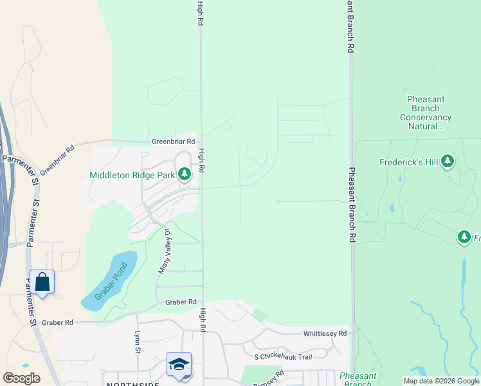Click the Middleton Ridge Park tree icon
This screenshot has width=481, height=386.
point(185,174)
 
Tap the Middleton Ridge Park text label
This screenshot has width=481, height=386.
point(132,175)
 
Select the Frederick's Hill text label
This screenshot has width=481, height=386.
point(409,162)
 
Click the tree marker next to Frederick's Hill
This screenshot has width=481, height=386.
point(448,161)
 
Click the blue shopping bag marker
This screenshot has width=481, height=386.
point(42,283)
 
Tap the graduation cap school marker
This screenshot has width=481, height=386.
point(178,364)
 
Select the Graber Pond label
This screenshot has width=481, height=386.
point(109,281)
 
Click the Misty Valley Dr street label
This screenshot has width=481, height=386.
point(164,251)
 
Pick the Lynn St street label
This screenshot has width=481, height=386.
point(137,342)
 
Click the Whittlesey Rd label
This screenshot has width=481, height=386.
point(325,333)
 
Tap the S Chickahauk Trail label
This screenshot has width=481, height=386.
point(283,357)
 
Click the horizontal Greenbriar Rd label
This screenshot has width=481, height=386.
point(173,142)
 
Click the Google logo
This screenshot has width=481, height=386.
point(21,378)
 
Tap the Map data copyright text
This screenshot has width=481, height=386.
point(440,381)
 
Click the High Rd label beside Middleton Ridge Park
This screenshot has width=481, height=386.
point(201,160)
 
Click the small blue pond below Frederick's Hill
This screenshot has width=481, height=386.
point(392,208)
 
